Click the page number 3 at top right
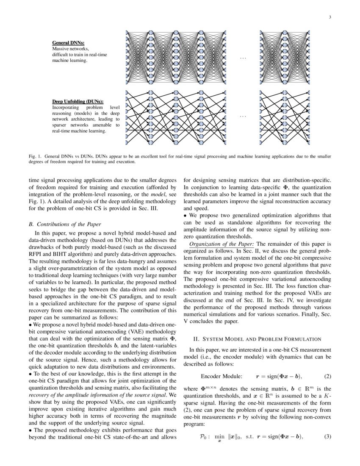(329, 17)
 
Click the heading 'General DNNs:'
(68, 43)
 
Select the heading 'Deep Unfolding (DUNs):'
(78, 102)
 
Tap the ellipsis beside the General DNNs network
(243, 58)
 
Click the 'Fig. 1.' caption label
(35, 156)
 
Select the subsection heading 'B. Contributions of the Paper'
(64, 224)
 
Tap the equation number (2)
(327, 376)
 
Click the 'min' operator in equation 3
(219, 436)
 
